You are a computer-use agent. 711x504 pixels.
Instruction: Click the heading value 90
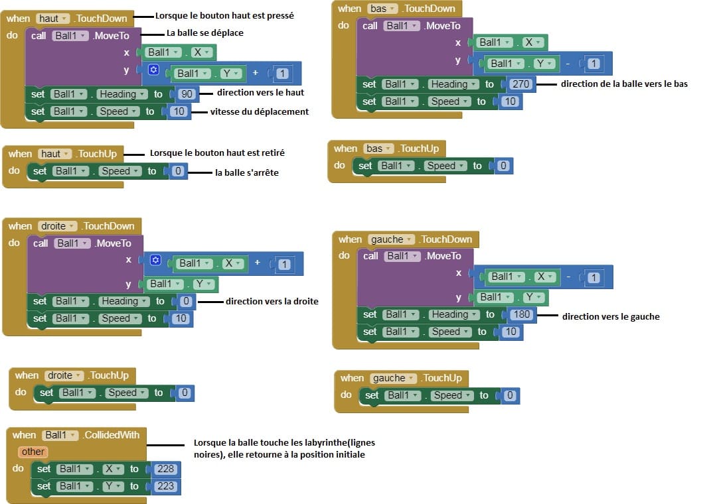pos(187,94)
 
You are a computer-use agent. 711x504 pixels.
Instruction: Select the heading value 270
pos(520,84)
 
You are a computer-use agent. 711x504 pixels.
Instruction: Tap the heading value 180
pos(521,314)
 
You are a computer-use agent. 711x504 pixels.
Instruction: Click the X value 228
pos(165,469)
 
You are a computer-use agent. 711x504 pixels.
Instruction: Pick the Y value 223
pos(165,486)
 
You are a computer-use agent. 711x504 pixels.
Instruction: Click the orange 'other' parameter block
pos(33,452)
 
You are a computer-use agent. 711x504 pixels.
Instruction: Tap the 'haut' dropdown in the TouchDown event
pos(52,19)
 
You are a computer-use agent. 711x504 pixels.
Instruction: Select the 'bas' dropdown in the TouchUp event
pos(378,149)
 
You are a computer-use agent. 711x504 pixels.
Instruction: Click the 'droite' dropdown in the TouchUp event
pos(64,375)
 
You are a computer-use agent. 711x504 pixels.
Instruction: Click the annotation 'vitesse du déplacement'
pos(260,112)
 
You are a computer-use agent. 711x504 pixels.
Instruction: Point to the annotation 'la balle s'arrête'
pos(247,172)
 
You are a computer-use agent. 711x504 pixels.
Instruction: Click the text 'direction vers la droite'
pos(272,302)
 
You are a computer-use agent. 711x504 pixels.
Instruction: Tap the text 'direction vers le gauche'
pos(611,316)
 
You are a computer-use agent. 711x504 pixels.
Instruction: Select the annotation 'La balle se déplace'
pos(205,32)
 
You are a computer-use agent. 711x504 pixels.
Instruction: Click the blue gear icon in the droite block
pos(155,260)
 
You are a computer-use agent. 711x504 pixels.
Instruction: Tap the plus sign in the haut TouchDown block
pos(256,72)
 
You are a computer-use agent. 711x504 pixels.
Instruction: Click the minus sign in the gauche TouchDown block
pos(568,277)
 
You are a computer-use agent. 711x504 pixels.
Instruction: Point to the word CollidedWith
pos(112,435)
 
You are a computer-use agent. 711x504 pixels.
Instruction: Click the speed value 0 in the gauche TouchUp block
pos(509,395)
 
